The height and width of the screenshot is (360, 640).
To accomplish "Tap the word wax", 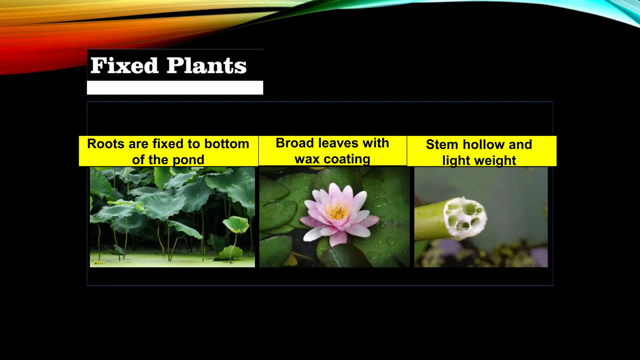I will point(307,159).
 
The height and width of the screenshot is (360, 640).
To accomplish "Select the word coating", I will point(347,159).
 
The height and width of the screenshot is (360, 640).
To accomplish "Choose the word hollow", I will point(483,145).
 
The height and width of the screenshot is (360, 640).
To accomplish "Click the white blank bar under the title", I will point(175,88).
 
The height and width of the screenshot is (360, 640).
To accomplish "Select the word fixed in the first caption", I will point(168,144).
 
